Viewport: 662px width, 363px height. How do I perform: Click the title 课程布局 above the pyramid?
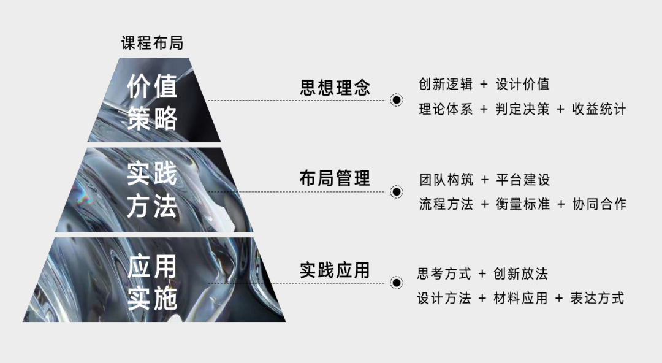(152, 43)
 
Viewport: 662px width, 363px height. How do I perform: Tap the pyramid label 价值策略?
(152, 102)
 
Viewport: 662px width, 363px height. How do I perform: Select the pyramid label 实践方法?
(152, 190)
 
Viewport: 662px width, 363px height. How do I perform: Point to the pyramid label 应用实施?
(152, 283)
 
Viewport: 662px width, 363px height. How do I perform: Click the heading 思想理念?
(335, 87)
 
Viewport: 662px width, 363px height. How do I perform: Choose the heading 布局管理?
(335, 178)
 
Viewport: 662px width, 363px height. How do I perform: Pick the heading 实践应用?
(335, 270)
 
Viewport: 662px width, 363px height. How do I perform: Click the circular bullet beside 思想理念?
(397, 100)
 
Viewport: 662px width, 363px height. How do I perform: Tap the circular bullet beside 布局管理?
(397, 192)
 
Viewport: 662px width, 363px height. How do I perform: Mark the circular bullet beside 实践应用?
(397, 283)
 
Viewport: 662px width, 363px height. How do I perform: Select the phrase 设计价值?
(523, 84)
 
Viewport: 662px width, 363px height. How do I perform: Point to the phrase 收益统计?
(599, 110)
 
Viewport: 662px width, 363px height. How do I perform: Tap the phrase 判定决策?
(523, 110)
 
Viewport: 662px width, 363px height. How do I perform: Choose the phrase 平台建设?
(523, 180)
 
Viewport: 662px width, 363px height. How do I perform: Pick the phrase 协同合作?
(599, 204)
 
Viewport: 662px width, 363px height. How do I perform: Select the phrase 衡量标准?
(523, 204)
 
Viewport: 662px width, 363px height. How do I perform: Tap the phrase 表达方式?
(597, 299)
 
